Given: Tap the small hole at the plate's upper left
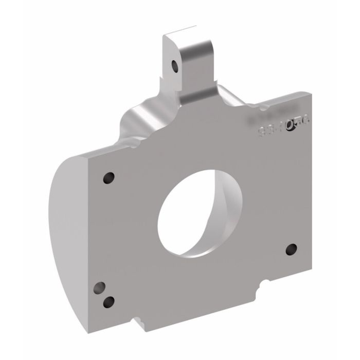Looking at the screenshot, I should (109, 178).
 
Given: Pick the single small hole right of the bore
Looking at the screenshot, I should (291, 249).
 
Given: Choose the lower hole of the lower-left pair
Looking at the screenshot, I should (109, 302).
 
